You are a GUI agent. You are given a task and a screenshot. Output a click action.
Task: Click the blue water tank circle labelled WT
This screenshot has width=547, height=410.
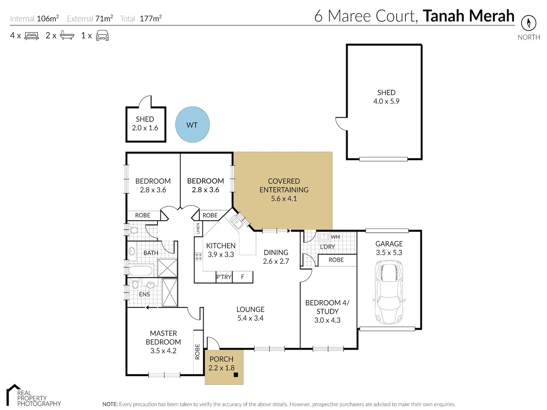(x=192, y=125)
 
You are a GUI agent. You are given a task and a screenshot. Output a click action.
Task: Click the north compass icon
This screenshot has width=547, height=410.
(x=528, y=23)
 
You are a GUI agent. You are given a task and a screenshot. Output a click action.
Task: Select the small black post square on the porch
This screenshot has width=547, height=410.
(x=236, y=375)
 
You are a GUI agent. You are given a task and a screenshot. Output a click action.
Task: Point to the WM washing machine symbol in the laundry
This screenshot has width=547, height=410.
(x=324, y=237)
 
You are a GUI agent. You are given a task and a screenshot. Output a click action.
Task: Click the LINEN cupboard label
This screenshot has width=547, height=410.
(x=198, y=229)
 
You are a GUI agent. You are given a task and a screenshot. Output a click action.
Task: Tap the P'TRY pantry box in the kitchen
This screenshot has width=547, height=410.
(x=224, y=277)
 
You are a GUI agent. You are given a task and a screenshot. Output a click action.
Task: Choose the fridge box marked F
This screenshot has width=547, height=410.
(x=242, y=277)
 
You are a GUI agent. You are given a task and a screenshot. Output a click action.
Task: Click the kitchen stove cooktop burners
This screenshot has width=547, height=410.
(x=199, y=257)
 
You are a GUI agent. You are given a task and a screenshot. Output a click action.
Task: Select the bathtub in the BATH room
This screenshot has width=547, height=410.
(x=141, y=271)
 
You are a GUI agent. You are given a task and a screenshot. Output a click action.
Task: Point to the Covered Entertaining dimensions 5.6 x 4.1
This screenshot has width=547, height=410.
(x=284, y=199)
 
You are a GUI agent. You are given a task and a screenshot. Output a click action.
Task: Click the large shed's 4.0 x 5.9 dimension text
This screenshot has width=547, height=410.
(x=386, y=101)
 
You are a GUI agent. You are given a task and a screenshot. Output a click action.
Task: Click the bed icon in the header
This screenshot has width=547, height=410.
(x=32, y=36)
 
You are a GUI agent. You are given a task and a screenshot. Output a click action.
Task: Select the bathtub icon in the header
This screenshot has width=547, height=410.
(x=67, y=36)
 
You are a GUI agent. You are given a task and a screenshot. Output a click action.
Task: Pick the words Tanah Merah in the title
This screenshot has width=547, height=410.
(x=468, y=16)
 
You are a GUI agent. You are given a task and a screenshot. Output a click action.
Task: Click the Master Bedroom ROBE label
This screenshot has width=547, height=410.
(x=198, y=352)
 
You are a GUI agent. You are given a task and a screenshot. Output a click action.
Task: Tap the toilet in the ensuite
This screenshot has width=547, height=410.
(x=135, y=284)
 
